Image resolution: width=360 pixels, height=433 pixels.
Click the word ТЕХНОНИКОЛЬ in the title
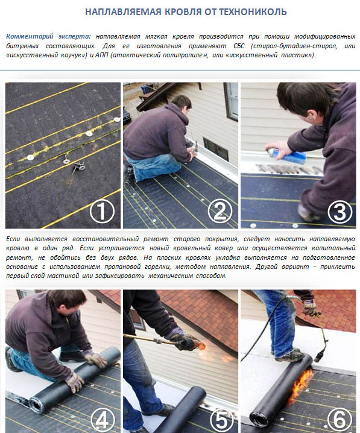253,12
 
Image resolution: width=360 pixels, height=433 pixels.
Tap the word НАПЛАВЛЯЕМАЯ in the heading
123,12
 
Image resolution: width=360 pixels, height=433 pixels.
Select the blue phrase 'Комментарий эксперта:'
48,36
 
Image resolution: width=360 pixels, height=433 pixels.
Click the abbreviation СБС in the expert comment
239,46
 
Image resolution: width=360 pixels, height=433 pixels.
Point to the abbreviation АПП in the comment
101,55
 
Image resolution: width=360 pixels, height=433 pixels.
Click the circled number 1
102,211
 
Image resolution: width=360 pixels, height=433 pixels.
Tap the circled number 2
220,211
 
